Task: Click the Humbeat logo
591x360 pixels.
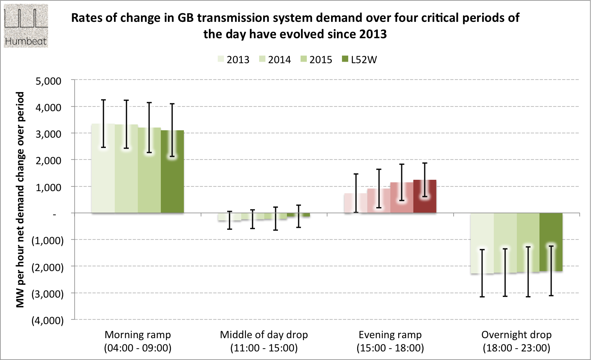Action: tap(26, 26)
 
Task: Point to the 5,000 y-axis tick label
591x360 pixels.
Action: tap(49, 81)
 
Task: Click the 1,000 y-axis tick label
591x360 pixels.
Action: tap(49, 187)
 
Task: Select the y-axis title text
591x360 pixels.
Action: tap(20, 200)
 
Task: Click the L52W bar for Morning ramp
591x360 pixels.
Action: tap(172, 183)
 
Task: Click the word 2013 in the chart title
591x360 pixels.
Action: tap(373, 34)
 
